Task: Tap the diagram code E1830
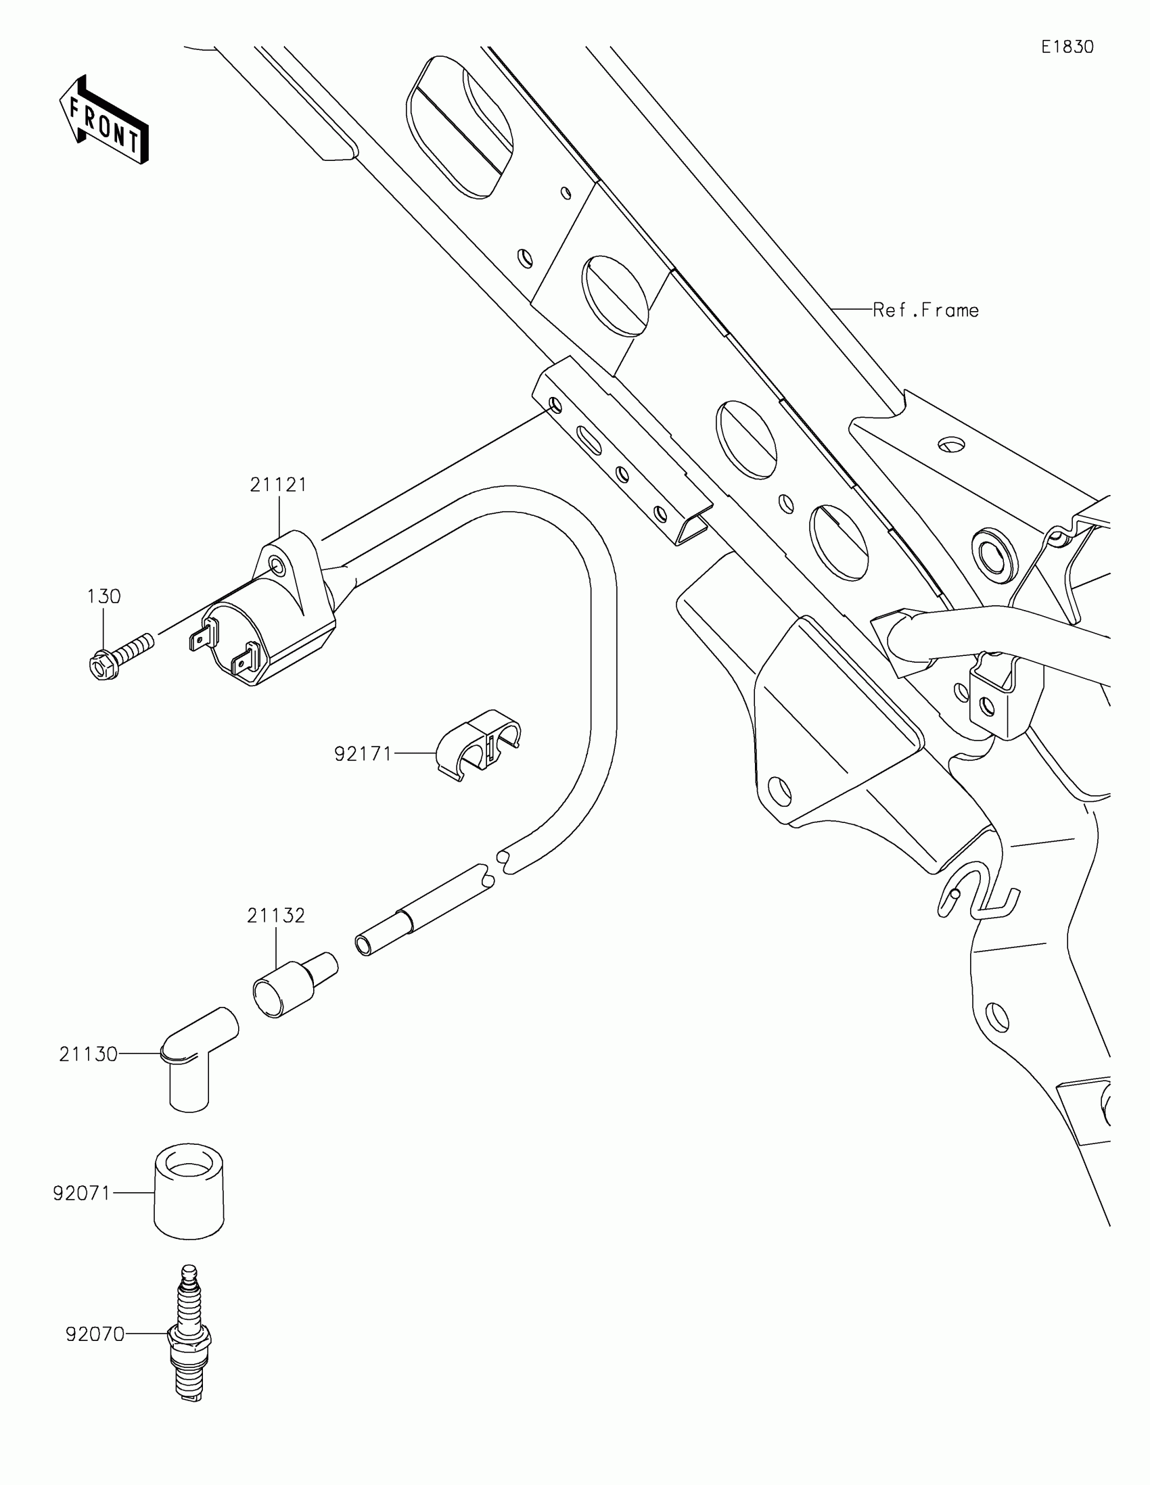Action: coord(1067,47)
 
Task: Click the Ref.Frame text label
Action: coord(925,311)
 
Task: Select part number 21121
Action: coord(278,485)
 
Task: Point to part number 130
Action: coord(103,596)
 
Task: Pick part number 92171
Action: coord(363,754)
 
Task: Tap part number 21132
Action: coord(275,916)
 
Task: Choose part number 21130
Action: coord(89,1055)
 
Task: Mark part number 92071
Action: coord(82,1194)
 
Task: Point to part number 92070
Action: coord(95,1335)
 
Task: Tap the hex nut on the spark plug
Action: coord(189,1338)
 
